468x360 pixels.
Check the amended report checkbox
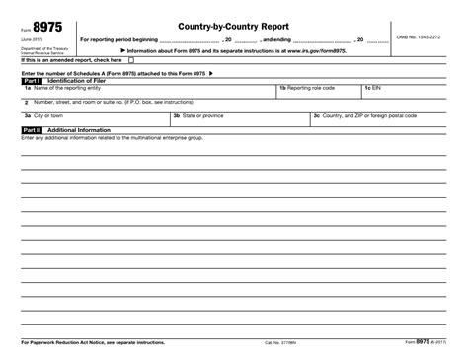131,59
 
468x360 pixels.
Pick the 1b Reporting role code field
316,92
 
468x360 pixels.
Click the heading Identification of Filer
83,80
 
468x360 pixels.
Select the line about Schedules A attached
118,73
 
